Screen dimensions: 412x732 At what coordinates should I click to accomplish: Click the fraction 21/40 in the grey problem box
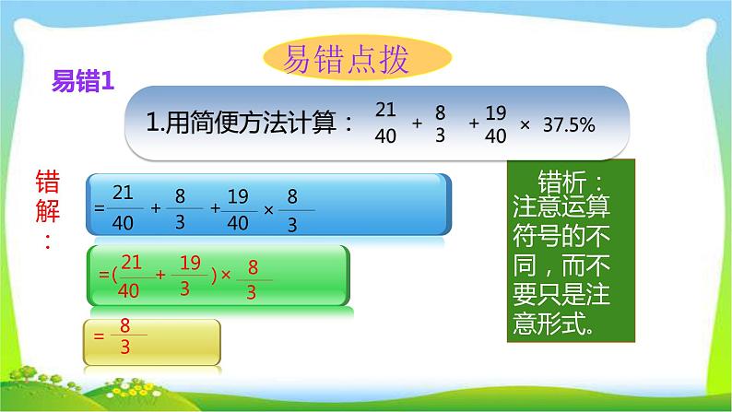(385, 123)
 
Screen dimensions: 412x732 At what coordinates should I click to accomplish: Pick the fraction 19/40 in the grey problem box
(495, 123)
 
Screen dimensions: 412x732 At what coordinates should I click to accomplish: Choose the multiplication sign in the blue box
(269, 208)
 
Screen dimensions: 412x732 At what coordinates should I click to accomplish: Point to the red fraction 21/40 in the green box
(131, 274)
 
